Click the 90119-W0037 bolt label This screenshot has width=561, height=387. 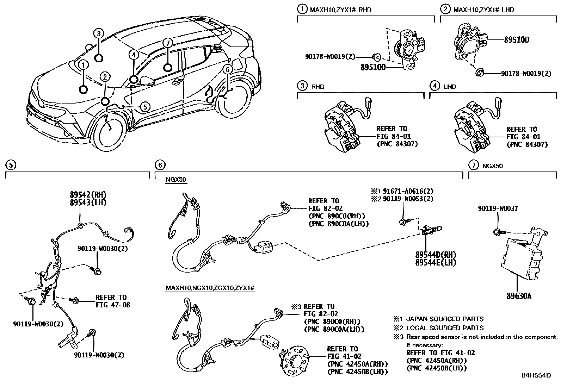click(x=498, y=208)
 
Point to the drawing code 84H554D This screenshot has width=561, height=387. click(x=536, y=375)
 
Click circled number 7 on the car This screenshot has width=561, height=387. click(x=168, y=43)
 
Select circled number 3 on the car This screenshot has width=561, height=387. click(x=99, y=33)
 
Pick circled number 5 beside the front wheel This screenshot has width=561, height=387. click(x=145, y=106)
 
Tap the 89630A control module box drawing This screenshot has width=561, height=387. click(x=523, y=258)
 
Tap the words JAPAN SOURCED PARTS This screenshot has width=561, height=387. click(x=445, y=319)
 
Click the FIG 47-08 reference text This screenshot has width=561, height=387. click(x=113, y=305)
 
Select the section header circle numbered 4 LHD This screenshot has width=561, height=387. click(x=435, y=86)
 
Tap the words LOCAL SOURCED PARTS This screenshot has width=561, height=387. click(x=445, y=328)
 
